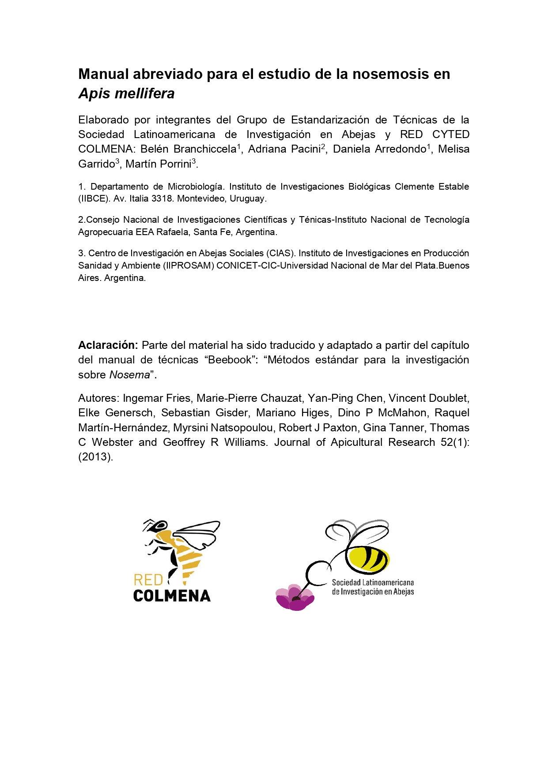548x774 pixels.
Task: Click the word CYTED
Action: click(450, 135)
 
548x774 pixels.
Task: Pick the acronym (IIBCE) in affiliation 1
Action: click(94, 199)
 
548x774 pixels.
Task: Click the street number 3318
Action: click(162, 199)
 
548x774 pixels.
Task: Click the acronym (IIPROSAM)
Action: click(188, 265)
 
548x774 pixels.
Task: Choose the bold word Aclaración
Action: click(108, 345)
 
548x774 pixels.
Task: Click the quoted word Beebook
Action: click(229, 360)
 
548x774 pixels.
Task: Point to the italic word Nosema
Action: click(129, 375)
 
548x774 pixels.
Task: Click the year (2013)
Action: click(95, 457)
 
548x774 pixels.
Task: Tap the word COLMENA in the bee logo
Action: click(172, 596)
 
